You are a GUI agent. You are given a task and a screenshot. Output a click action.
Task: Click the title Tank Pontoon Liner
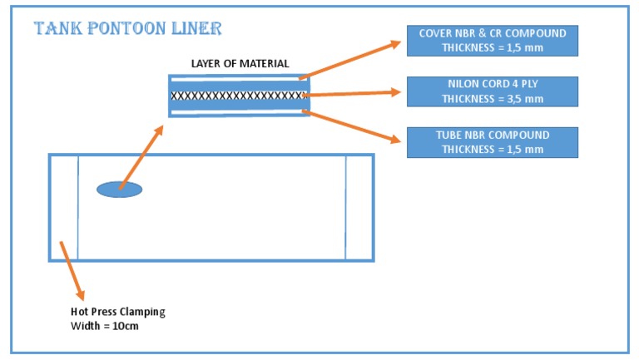[x=127, y=29]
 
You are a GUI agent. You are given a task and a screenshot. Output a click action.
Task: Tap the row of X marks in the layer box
[x=239, y=96]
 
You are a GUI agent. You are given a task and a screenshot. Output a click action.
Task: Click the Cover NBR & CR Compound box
[x=492, y=40]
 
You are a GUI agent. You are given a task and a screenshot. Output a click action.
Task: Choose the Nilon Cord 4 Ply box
[x=492, y=91]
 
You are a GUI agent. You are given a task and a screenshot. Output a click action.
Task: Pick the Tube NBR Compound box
[x=492, y=142]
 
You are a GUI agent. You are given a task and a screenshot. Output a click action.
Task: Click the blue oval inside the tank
[x=119, y=190]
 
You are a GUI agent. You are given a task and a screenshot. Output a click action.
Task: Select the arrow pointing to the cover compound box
[x=353, y=58]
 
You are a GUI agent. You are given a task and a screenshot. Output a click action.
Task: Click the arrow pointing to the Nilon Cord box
[x=353, y=95]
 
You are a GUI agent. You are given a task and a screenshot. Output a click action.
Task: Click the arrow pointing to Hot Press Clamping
[x=72, y=269]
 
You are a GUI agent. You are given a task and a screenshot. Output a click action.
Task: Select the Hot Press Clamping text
[x=118, y=312]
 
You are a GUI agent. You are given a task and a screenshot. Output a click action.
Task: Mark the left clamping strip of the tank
[x=63, y=207]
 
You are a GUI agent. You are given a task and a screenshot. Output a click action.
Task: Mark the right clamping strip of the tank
[x=359, y=207]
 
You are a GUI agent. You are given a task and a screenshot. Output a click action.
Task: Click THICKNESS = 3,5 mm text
[x=492, y=99]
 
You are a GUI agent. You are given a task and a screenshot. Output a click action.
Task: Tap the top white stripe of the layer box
[x=239, y=82]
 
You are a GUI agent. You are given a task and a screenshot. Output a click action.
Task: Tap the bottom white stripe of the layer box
[x=239, y=109]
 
